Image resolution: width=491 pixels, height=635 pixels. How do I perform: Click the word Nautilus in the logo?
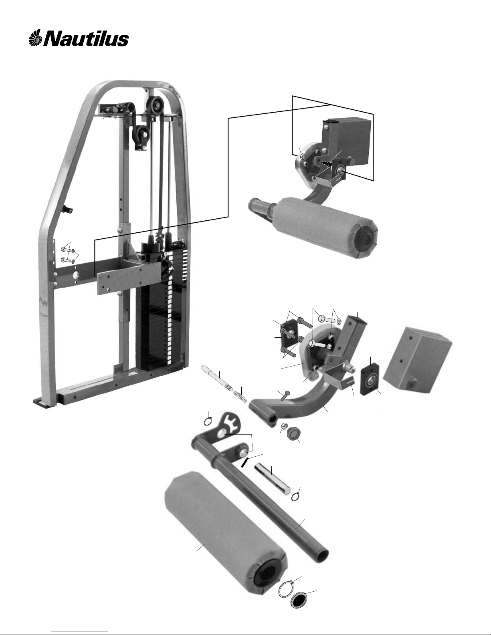[86, 39]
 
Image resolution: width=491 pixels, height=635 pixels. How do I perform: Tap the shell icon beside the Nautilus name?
[36, 39]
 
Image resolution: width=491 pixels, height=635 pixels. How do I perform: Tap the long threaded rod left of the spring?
[216, 378]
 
